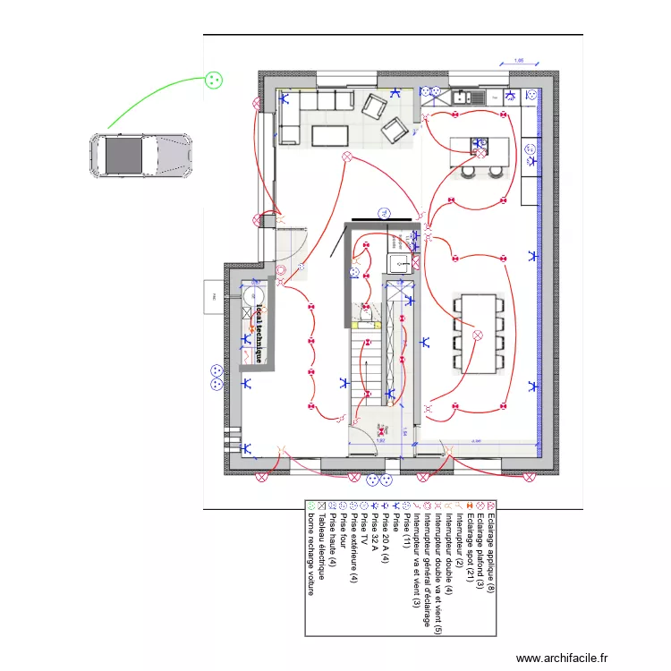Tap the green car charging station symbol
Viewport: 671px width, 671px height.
point(213,80)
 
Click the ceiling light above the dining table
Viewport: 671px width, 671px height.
point(477,335)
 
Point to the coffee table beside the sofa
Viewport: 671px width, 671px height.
point(329,135)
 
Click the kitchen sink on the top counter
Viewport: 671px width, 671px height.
point(472,97)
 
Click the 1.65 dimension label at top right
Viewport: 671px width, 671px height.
point(519,62)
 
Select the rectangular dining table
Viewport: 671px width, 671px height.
point(478,334)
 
